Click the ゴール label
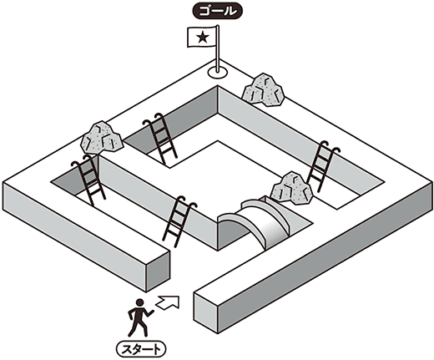pos(218,12)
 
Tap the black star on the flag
pos(203,37)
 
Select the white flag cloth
pos(202,37)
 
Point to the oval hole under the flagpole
pos(218,72)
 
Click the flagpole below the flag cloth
pos(218,57)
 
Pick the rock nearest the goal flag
pos(263,90)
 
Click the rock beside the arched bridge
pos(292,189)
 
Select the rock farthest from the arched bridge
pos(102,138)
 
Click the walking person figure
pos(139,317)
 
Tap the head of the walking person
pos(139,302)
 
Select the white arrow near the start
pos(168,302)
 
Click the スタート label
pos(141,348)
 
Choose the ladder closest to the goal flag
pos(160,139)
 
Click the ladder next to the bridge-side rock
pos(323,165)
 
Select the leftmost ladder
pos(88,180)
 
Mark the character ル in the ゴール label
pos(230,12)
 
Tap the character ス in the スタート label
pos(128,348)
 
